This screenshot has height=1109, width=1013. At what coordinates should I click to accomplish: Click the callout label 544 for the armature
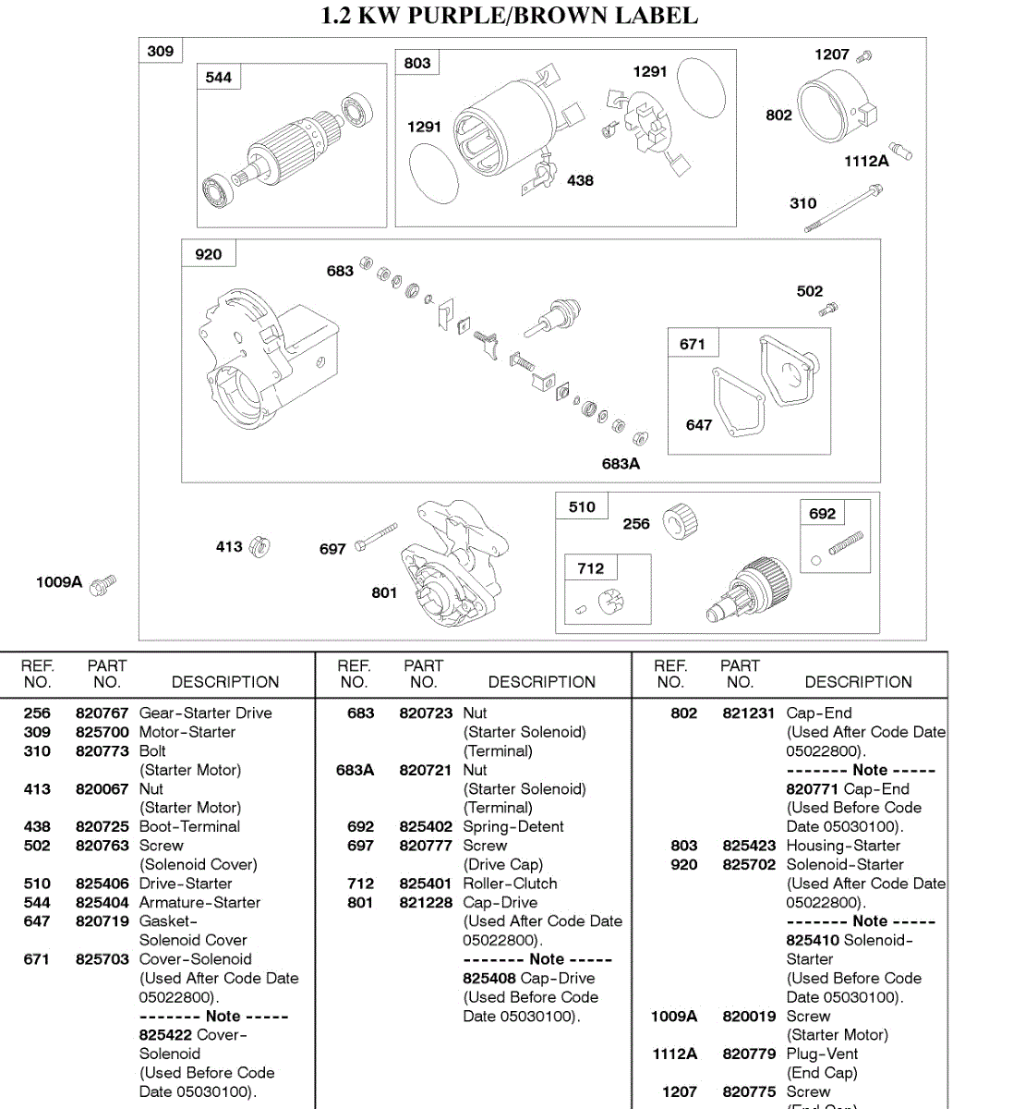tap(218, 78)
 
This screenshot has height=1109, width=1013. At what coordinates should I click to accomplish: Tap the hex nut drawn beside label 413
tap(259, 547)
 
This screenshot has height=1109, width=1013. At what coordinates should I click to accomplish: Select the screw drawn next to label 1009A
tap(103, 584)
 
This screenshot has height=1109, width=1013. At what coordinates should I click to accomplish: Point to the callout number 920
tap(208, 254)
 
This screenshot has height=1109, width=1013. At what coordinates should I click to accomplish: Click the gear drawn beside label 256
tap(681, 521)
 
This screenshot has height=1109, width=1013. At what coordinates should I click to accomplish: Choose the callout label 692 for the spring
tap(822, 514)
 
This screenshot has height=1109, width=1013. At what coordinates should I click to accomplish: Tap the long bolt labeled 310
tap(843, 208)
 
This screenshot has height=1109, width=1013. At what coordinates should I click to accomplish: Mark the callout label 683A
tap(621, 464)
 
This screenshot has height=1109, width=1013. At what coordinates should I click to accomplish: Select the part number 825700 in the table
tap(103, 732)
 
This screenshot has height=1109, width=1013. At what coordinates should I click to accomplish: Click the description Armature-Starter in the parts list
tap(199, 902)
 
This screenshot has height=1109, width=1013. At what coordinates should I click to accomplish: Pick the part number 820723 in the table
tap(426, 713)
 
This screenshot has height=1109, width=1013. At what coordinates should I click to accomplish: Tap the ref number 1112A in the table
tap(674, 1054)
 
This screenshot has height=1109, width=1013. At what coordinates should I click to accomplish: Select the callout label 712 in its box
tap(590, 568)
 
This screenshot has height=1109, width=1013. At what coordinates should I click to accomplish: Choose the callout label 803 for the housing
tap(416, 63)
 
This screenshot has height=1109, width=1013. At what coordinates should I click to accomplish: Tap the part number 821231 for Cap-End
tap(748, 713)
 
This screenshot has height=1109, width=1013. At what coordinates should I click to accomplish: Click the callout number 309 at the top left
tap(160, 51)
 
